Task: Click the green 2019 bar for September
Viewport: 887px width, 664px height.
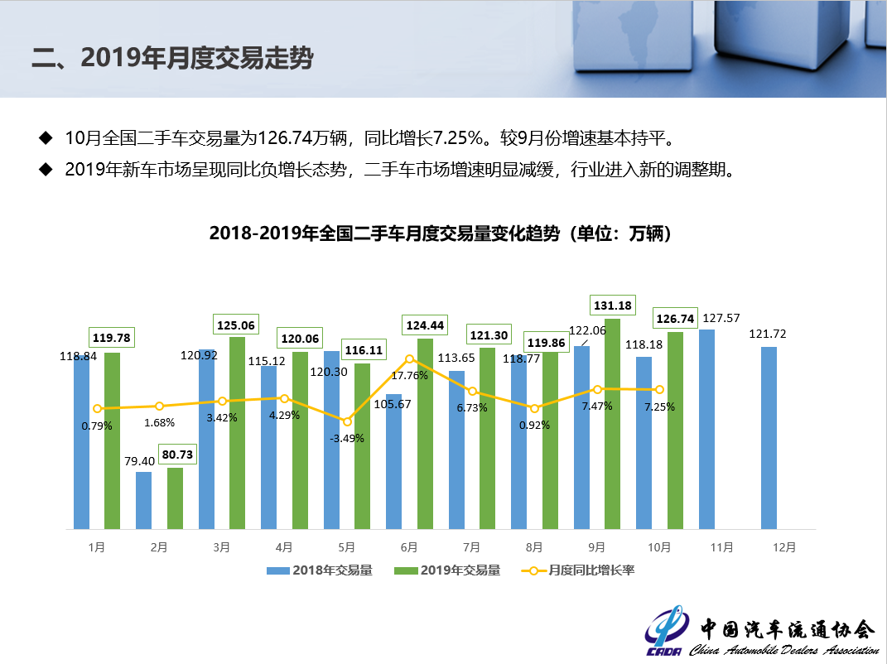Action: pos(612,424)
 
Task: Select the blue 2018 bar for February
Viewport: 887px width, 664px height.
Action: pos(143,500)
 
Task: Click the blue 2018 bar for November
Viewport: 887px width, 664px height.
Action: pos(706,429)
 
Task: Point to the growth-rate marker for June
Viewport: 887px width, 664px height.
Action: pos(409,359)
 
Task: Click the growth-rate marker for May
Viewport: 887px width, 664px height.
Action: pos(347,421)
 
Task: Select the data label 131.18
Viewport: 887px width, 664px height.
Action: pos(612,306)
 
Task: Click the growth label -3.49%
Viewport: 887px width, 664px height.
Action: pos(347,438)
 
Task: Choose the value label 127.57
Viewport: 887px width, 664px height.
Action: pos(721,318)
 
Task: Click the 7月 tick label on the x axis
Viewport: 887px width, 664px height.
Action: pos(471,547)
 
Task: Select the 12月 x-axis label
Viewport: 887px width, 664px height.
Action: pos(783,547)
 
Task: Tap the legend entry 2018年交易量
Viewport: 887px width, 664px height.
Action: pos(320,570)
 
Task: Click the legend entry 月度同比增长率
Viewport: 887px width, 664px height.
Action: pos(579,570)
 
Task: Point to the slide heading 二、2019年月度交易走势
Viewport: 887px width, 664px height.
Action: pos(172,59)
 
